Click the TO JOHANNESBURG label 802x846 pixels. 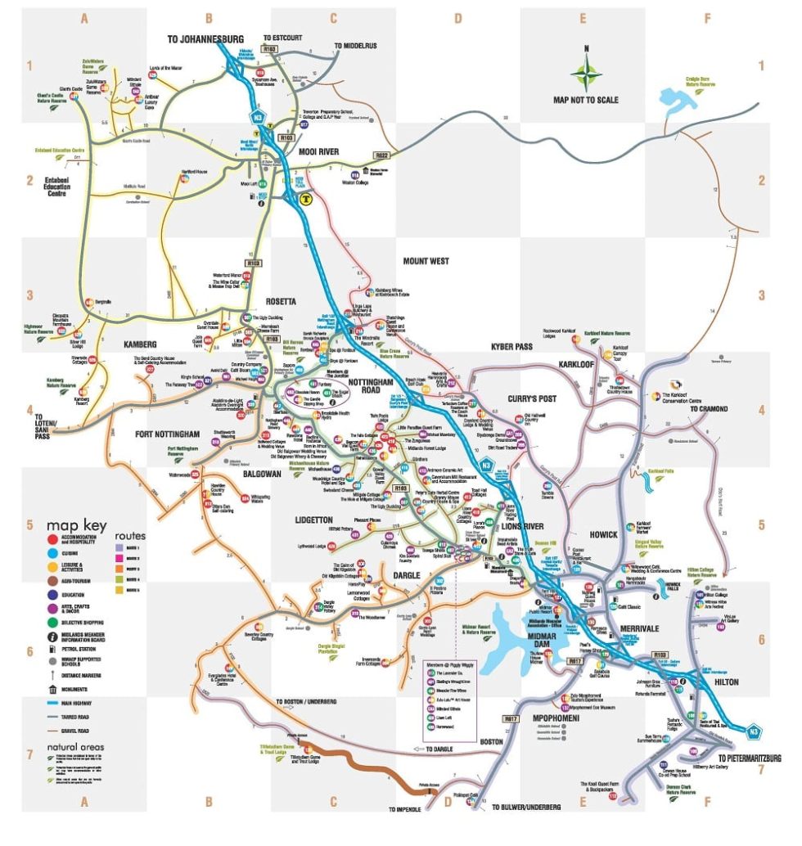(x=205, y=38)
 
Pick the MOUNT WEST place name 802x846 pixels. (x=426, y=261)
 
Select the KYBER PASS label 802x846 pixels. (x=512, y=347)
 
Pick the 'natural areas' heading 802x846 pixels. (x=75, y=746)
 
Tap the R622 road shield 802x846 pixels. (x=381, y=155)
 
